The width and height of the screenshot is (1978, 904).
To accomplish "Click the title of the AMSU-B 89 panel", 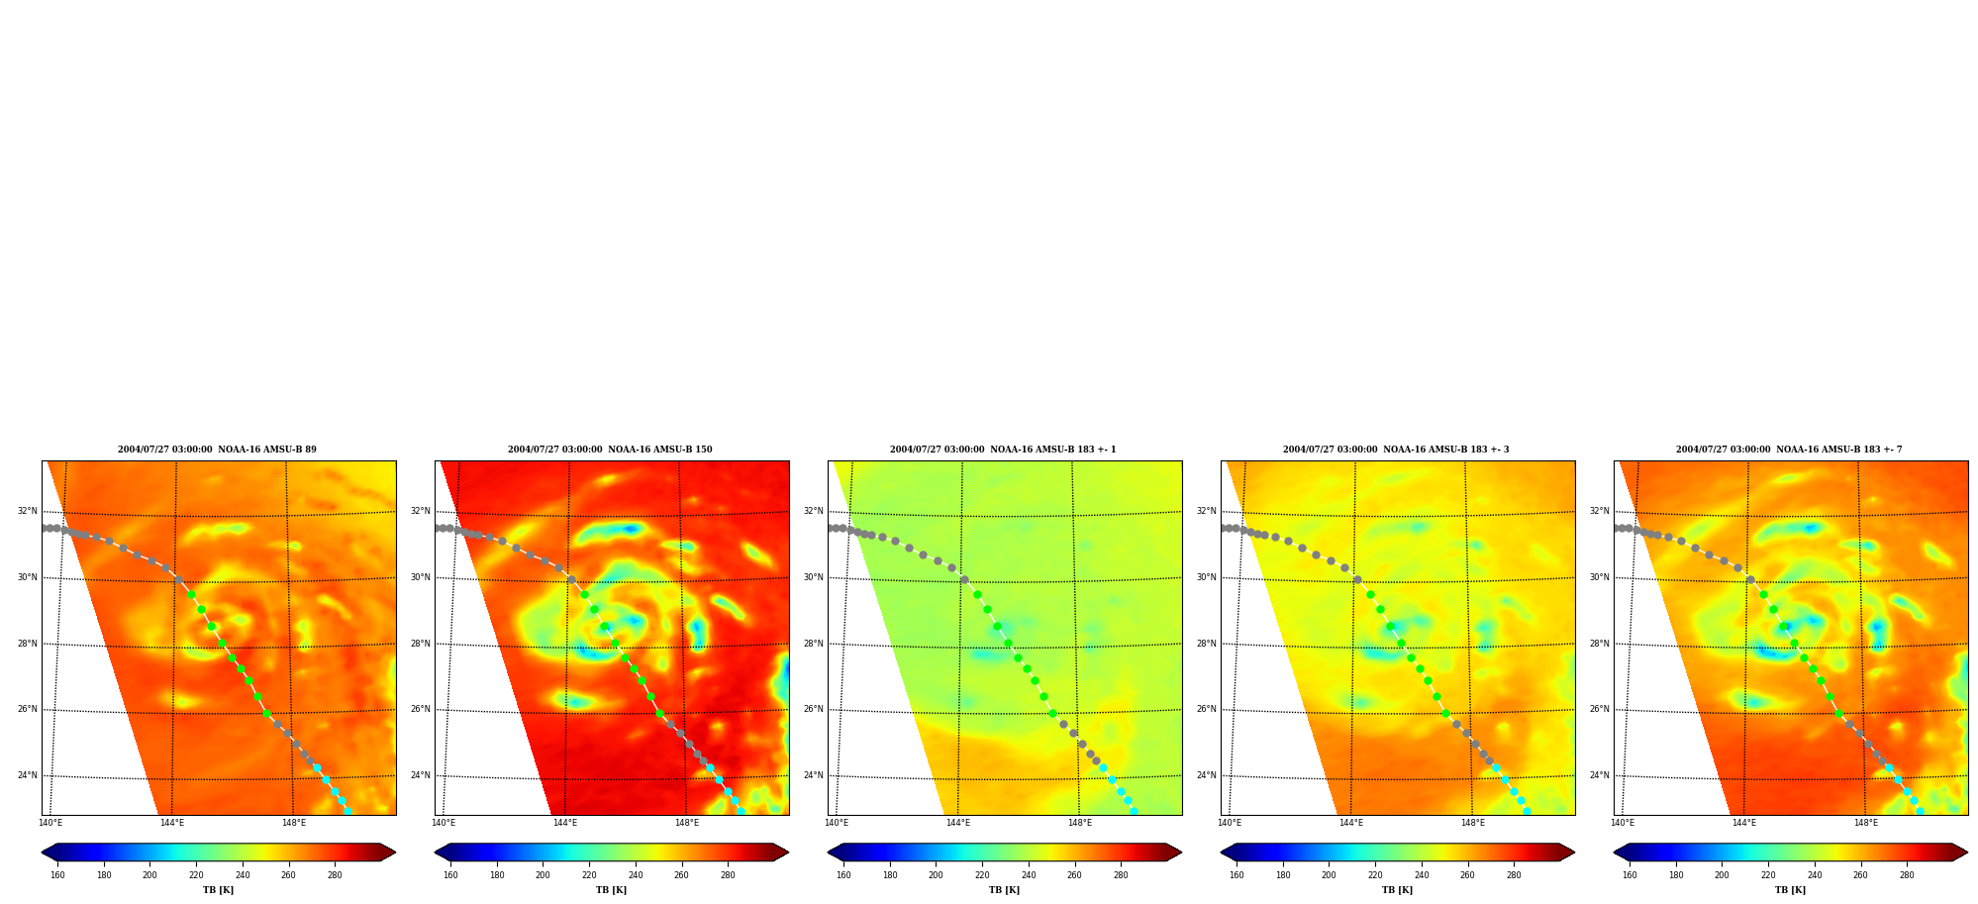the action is [217, 450].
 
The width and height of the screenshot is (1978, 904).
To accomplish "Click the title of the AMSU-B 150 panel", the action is [610, 450].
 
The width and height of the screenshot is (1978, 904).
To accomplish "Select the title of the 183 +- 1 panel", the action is [1003, 450].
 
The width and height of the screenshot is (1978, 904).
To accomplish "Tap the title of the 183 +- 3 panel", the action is [1396, 450].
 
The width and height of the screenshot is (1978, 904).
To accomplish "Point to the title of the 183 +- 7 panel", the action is [1789, 450].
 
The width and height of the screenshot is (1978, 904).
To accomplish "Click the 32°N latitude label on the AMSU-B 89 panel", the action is [27, 512].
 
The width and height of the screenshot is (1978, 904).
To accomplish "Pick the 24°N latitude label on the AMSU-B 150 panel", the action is [420, 776].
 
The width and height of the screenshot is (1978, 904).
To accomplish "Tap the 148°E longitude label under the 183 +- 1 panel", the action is [1079, 823].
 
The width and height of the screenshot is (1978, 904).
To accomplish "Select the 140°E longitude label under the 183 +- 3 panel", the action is [1230, 823].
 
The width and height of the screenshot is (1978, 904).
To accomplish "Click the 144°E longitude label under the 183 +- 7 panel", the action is [1743, 823].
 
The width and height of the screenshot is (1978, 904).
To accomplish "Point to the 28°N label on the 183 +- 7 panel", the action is [1600, 644].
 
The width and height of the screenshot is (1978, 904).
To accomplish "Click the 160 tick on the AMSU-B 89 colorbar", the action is [57, 875].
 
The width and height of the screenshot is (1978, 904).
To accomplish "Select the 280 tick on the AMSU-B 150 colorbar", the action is [728, 875].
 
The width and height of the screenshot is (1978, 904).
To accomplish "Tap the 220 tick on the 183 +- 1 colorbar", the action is [982, 875].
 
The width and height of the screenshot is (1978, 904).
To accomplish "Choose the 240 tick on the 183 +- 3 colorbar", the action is [1422, 875].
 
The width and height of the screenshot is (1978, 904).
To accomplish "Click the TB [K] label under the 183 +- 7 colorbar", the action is [1790, 890].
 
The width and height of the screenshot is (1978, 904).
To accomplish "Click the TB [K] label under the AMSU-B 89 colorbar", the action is [218, 890].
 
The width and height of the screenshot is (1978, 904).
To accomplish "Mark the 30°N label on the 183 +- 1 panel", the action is [813, 578].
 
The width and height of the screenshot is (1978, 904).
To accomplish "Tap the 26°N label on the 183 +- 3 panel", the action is [1206, 710].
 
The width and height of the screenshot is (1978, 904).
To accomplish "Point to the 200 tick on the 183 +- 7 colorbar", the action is [1722, 875].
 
